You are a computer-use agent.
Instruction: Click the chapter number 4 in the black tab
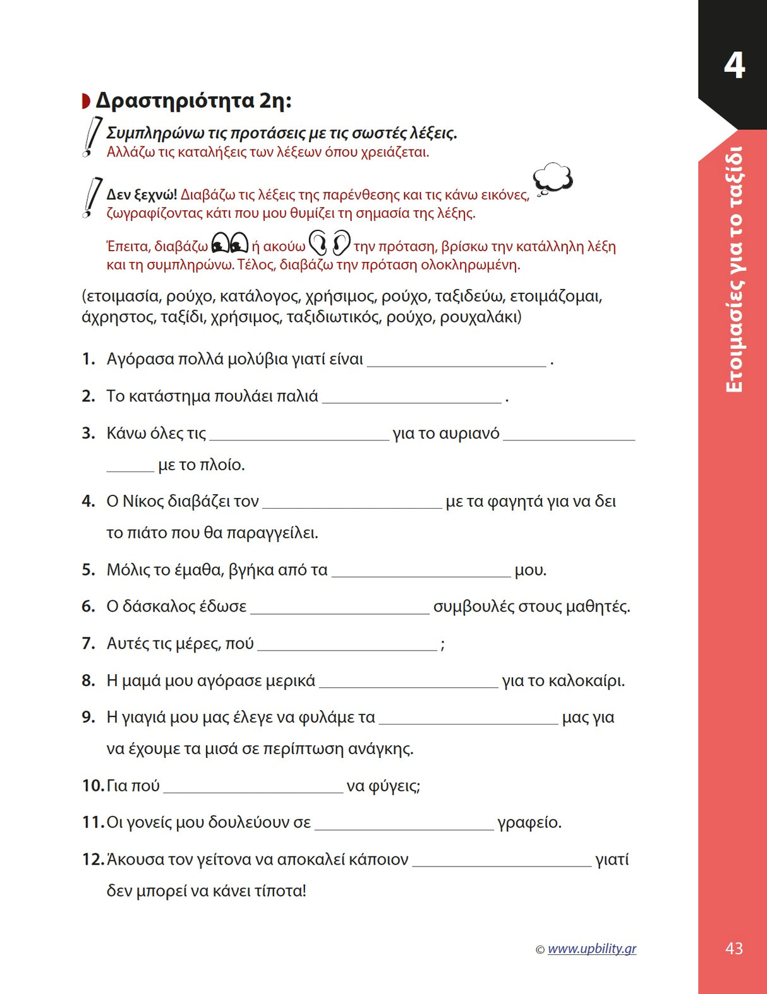(x=734, y=65)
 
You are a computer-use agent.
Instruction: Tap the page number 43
(x=734, y=948)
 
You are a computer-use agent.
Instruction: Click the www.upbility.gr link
(x=591, y=949)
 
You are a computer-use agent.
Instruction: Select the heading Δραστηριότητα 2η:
(x=193, y=100)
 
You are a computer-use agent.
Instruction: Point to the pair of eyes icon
(x=229, y=243)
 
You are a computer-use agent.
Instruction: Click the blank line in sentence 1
(x=456, y=361)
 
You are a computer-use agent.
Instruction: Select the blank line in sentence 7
(x=347, y=645)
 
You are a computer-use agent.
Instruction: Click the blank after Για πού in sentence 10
(x=253, y=788)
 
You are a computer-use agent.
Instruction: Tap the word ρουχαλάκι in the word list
(x=480, y=316)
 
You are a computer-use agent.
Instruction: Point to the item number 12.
(x=92, y=860)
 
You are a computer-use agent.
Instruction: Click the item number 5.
(x=88, y=570)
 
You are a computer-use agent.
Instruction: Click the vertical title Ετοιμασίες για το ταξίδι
(x=734, y=269)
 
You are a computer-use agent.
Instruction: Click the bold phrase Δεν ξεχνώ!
(x=142, y=194)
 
